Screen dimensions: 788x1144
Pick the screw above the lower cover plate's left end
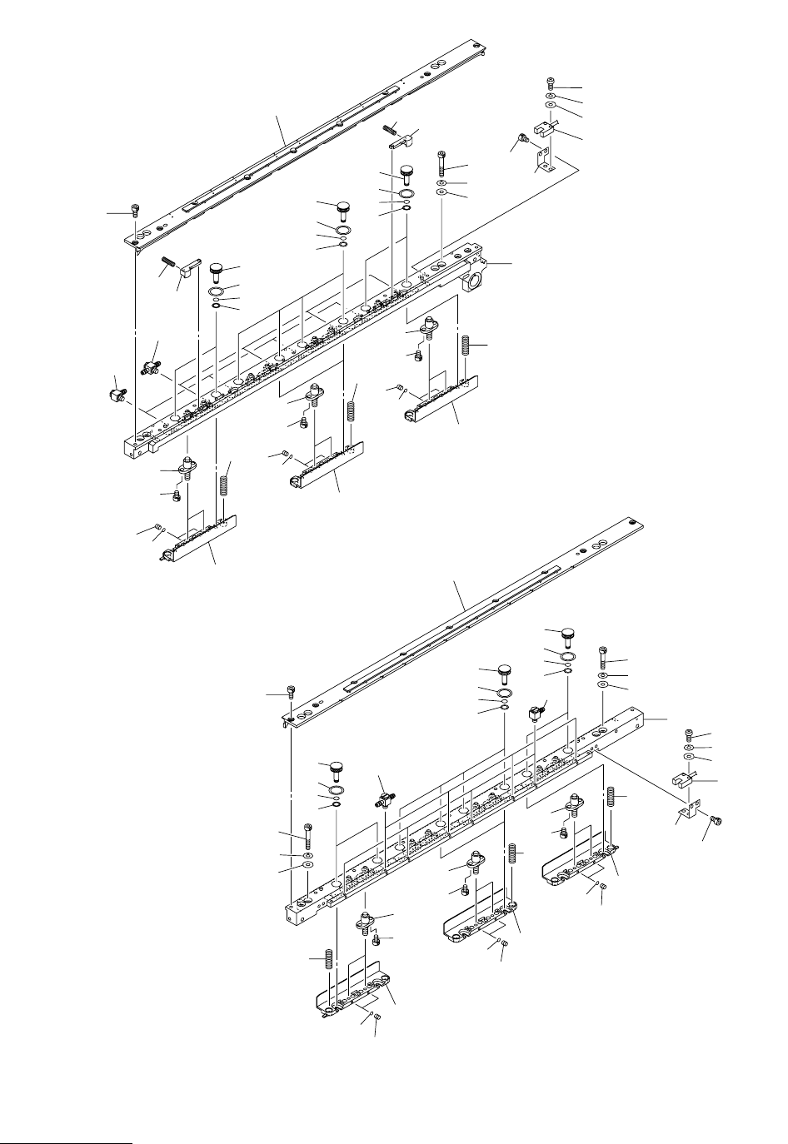click(x=290, y=691)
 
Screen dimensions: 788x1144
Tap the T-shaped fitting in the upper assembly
click(x=151, y=366)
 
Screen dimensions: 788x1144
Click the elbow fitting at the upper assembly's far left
click(x=116, y=394)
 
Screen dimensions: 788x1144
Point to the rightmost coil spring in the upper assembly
click(x=465, y=342)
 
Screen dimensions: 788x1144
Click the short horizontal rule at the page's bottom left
click(x=67, y=1121)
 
